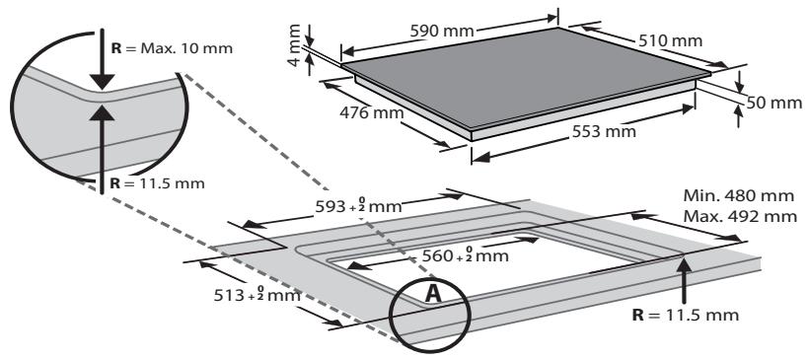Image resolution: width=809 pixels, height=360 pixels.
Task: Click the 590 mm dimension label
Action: [442, 32]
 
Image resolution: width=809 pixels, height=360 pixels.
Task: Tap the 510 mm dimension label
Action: [670, 40]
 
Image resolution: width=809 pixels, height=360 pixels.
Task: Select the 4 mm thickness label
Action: [295, 45]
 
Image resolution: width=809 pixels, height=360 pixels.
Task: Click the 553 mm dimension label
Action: [604, 132]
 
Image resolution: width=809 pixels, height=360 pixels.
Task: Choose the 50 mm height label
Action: [774, 104]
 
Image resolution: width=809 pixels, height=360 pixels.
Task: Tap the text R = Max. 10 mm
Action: [172, 48]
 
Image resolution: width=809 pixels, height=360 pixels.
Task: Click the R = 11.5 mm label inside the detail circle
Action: [158, 183]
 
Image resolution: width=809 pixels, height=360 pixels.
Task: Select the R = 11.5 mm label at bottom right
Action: [686, 315]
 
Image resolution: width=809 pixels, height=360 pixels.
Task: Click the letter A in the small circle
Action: [433, 294]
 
